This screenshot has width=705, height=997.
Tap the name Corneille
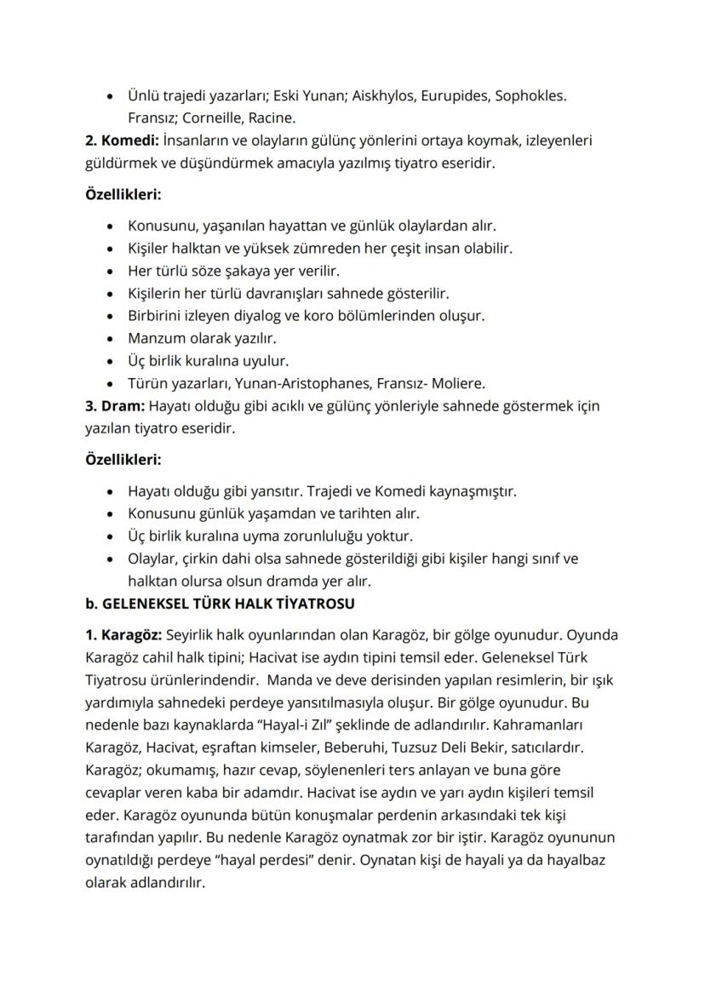(x=212, y=118)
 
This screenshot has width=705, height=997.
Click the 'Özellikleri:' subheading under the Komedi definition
(x=123, y=194)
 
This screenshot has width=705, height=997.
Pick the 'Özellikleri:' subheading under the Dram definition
(x=123, y=460)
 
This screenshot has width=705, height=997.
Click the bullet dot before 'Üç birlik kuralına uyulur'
(x=110, y=361)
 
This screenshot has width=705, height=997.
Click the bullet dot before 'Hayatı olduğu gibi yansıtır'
(x=110, y=492)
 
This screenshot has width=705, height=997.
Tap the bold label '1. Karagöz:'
(x=124, y=636)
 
